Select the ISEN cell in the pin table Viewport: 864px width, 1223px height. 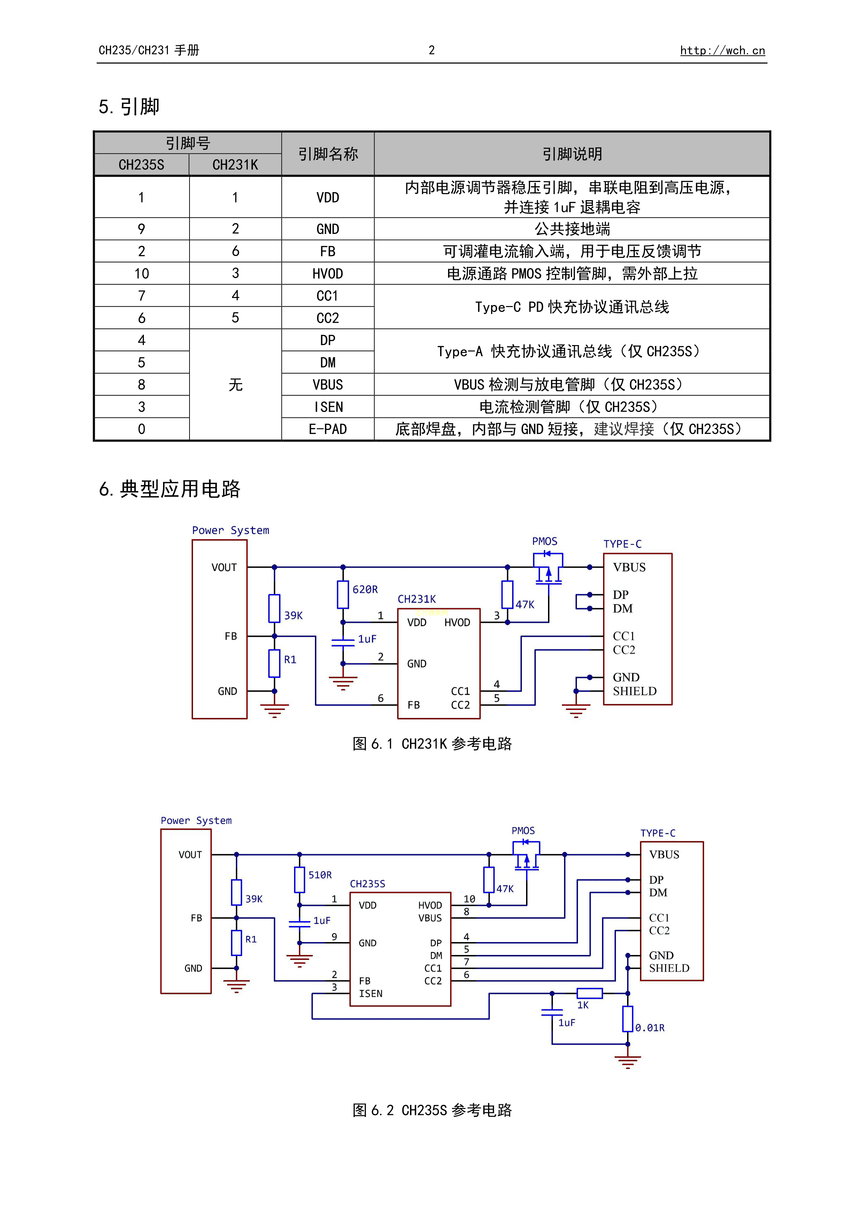[x=327, y=407]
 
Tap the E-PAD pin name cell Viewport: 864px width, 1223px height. [x=327, y=429]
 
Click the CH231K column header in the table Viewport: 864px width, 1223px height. [x=235, y=165]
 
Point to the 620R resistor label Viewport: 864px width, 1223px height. [x=365, y=589]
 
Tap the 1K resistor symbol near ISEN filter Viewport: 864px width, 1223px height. [x=589, y=993]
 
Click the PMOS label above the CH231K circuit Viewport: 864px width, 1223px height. [x=544, y=541]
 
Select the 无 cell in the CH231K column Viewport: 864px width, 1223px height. [x=235, y=384]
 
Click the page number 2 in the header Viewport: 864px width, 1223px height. [x=432, y=50]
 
